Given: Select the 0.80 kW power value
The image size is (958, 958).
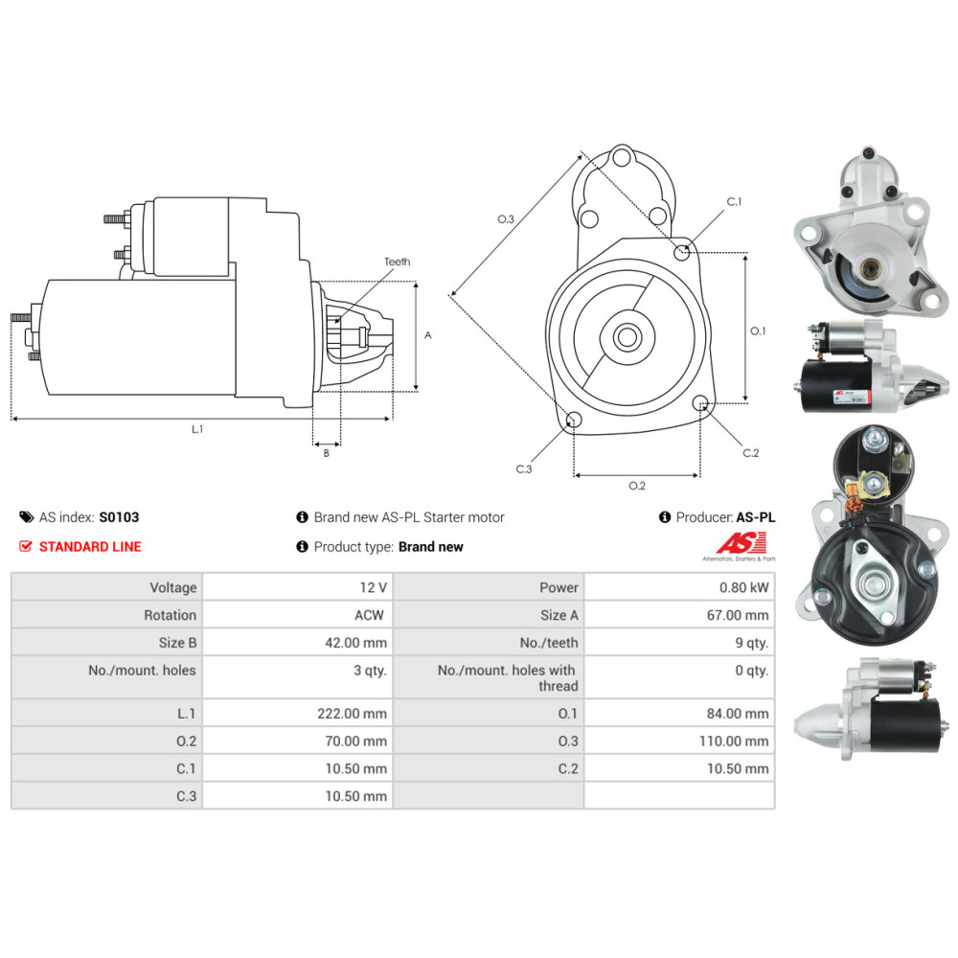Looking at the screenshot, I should [746, 587].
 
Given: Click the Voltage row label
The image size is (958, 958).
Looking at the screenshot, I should [172, 587].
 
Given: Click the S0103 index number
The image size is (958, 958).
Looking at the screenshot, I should [119, 517].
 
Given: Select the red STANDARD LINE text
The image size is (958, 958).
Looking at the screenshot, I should [90, 547].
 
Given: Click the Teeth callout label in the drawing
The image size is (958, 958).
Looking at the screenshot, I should [397, 262].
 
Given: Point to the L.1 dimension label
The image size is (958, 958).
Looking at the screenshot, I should [197, 429].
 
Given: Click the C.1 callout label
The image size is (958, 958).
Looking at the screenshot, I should [735, 202].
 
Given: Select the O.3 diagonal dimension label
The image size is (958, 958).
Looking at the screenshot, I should [506, 219].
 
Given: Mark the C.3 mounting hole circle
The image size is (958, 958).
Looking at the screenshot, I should [574, 420].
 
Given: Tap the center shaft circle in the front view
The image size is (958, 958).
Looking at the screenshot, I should [628, 336].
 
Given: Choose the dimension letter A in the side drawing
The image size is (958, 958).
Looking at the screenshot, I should [428, 335].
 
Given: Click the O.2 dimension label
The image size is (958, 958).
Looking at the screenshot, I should [636, 486].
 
